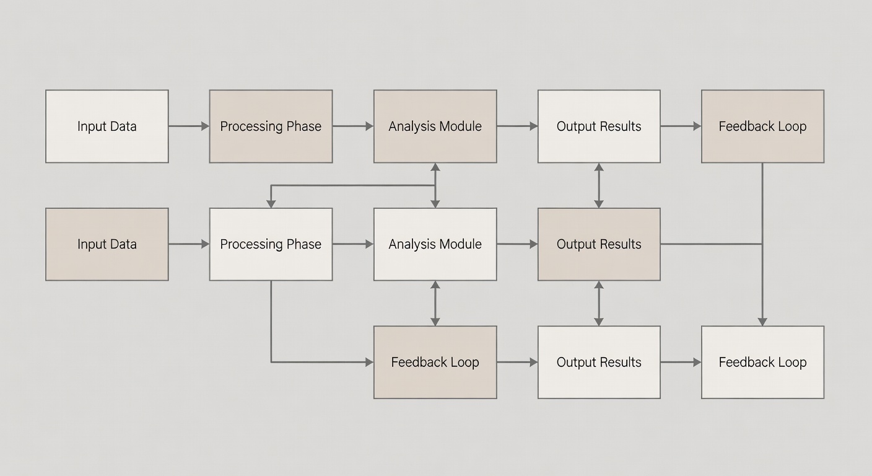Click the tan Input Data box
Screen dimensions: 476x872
[x=107, y=244]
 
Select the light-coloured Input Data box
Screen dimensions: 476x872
[x=107, y=126]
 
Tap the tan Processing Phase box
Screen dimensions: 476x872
[x=271, y=126]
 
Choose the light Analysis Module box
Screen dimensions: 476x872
[x=435, y=244]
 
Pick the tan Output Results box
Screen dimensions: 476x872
[x=599, y=244]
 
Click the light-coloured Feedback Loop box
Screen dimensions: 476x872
[x=762, y=362]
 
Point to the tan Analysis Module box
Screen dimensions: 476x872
[x=435, y=126]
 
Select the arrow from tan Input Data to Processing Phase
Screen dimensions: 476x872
[x=189, y=244]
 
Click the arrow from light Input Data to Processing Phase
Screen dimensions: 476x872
[x=189, y=126]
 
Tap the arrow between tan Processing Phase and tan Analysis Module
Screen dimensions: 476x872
[x=353, y=126]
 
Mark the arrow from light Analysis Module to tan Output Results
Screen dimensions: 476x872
[x=517, y=244]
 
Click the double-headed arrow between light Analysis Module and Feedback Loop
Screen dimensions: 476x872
[x=435, y=303]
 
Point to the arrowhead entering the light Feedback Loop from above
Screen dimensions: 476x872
[x=762, y=321]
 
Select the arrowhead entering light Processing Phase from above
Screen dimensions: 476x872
[x=271, y=203]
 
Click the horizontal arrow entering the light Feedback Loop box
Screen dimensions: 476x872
[x=681, y=362]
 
